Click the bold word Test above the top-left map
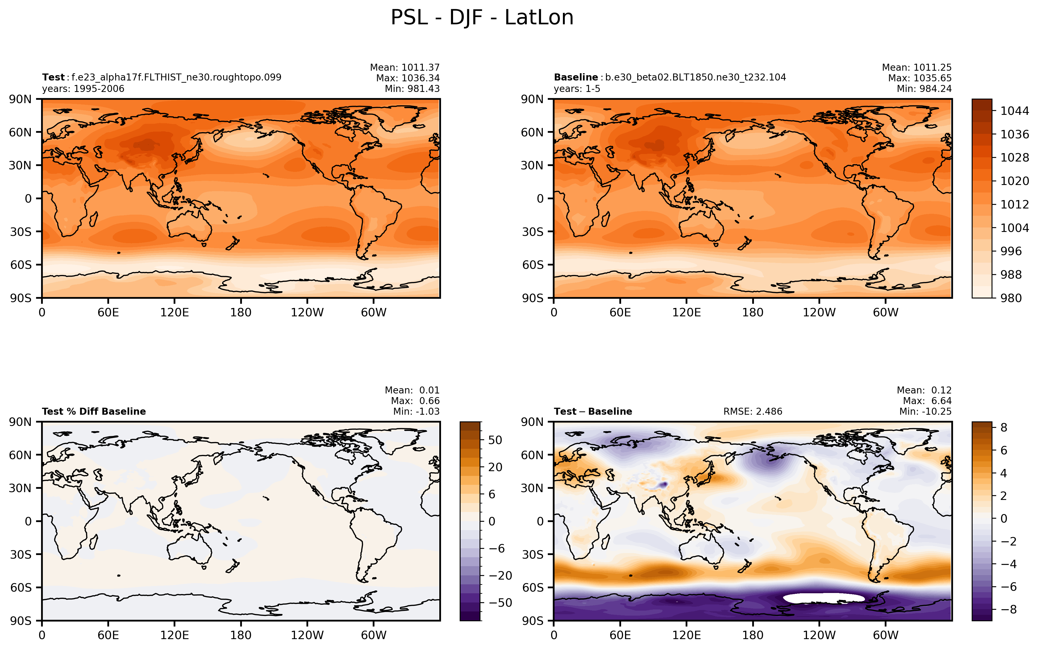53,77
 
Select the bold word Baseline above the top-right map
575,77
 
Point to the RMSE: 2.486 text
753,411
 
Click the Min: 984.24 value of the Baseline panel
924,89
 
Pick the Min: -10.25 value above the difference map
925,411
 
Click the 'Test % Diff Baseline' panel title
94,411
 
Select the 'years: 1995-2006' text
83,89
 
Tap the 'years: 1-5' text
577,89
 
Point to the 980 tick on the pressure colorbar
1011,298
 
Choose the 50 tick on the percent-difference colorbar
496,440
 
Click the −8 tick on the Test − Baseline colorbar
1009,609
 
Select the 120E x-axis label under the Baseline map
687,312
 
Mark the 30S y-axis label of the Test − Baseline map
532,554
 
